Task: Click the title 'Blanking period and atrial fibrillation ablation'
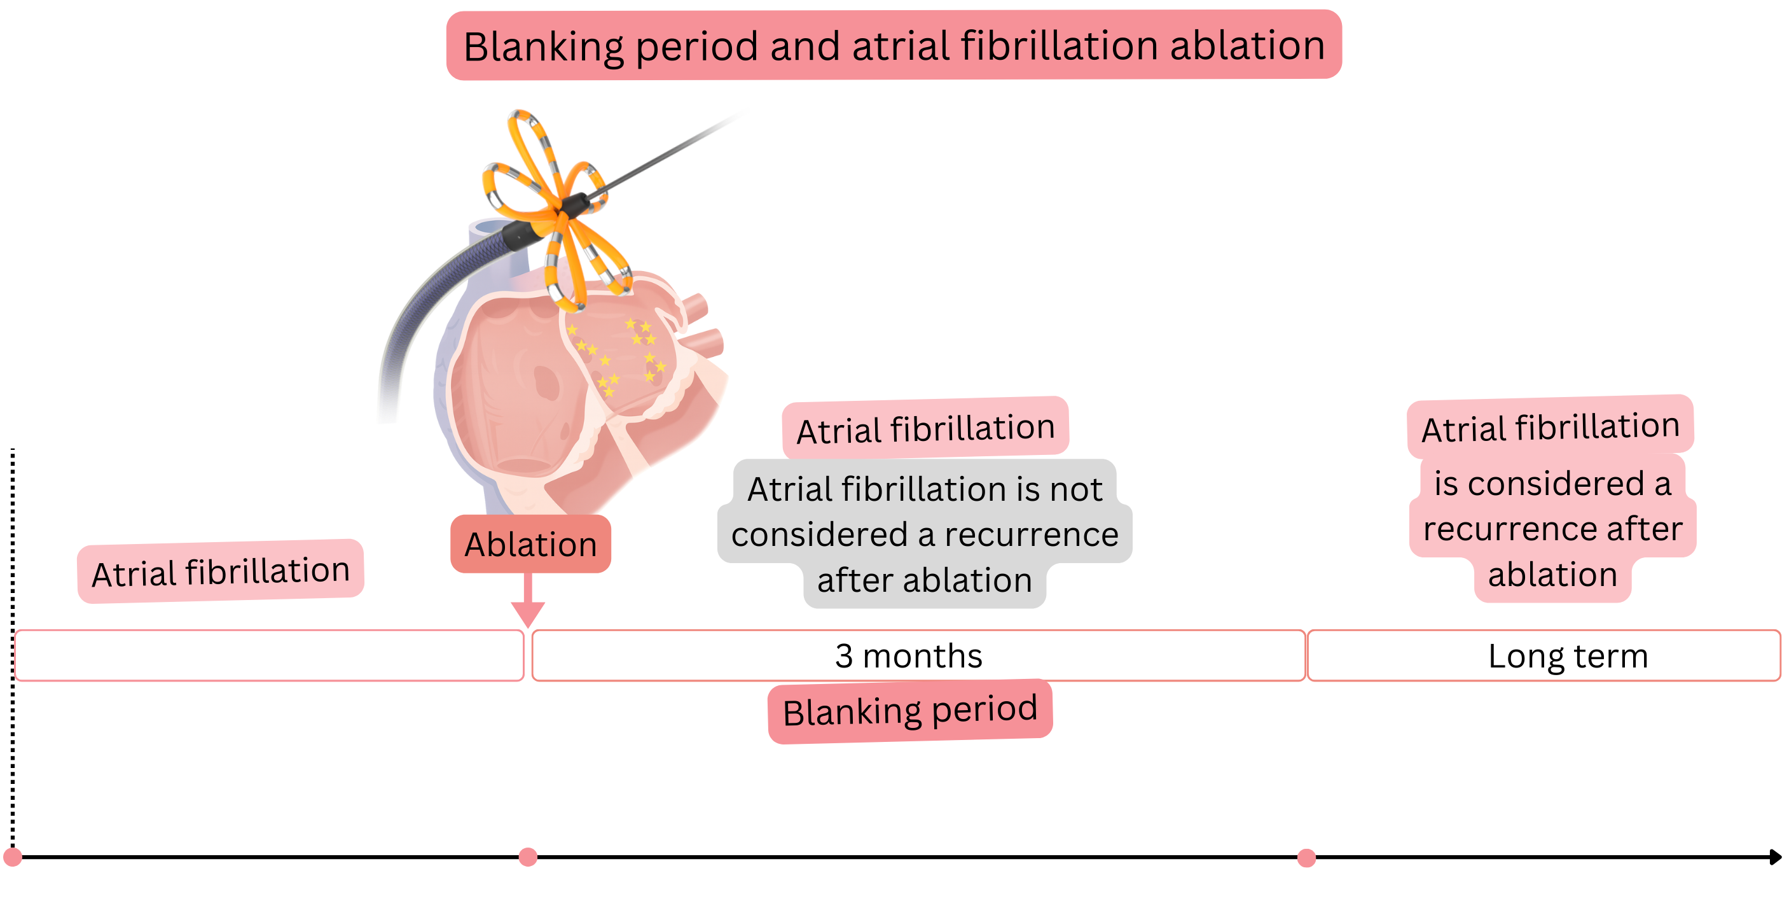[x=894, y=45]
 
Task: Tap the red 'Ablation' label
[x=530, y=544]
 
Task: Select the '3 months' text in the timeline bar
[x=908, y=656]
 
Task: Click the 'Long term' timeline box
[x=1568, y=656]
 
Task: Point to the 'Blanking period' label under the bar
[x=910, y=711]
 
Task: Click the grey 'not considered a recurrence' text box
[x=924, y=534]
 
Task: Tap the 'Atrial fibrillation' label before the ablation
[x=221, y=572]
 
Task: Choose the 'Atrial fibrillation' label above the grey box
[x=925, y=428]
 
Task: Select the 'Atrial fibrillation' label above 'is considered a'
[x=1550, y=426]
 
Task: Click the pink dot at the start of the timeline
[x=13, y=856]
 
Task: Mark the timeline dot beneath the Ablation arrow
[x=528, y=856]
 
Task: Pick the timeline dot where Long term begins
[x=1306, y=857]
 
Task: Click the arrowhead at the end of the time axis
[x=1775, y=856]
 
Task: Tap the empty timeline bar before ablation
[x=269, y=656]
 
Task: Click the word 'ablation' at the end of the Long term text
[x=1552, y=575]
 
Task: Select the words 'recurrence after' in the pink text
[x=1553, y=529]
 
